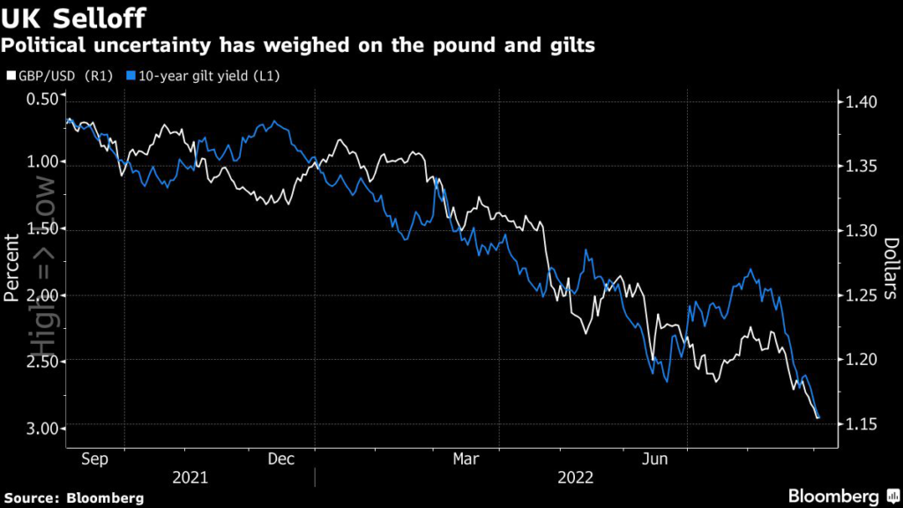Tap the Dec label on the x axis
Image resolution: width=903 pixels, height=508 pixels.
[280, 459]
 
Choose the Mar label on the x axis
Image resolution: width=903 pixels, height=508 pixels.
[466, 459]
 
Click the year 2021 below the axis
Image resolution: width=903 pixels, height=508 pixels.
[190, 477]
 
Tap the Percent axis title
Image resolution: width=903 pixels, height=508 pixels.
[12, 268]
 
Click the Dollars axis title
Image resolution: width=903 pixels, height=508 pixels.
[891, 268]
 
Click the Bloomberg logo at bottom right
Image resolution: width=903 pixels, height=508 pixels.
[833, 496]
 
